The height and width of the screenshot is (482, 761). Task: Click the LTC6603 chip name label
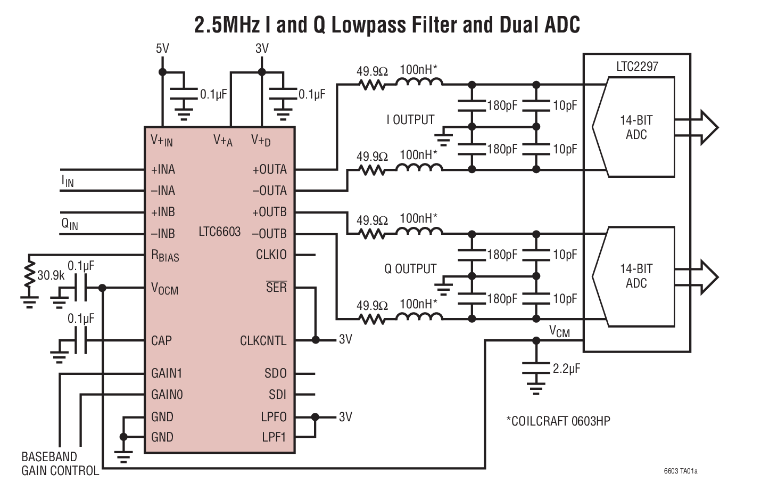click(x=219, y=232)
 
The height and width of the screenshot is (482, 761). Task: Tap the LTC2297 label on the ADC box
click(x=637, y=67)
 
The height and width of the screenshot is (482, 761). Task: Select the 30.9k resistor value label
click(x=51, y=275)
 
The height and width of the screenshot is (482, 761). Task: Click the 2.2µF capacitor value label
click(x=566, y=368)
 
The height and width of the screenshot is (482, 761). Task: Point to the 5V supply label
click(x=162, y=48)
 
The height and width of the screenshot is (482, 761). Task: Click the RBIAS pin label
click(x=165, y=256)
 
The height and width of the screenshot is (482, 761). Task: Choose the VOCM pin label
click(x=164, y=289)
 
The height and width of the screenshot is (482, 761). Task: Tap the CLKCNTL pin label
click(x=263, y=341)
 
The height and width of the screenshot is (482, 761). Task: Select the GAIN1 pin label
click(x=167, y=373)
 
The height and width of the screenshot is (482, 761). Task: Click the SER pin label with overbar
click(x=276, y=287)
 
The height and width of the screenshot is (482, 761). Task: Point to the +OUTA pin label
click(x=269, y=169)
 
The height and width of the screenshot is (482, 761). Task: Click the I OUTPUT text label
click(x=410, y=120)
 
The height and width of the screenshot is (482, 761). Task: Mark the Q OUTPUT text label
click(x=410, y=269)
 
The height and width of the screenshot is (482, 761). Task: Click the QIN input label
click(x=69, y=224)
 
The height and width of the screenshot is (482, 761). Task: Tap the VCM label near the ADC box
click(x=559, y=332)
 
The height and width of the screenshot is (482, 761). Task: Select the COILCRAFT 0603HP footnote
click(x=558, y=421)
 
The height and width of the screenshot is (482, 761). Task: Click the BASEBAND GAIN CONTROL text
click(x=60, y=464)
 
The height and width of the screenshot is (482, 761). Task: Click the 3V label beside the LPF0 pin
click(x=345, y=416)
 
